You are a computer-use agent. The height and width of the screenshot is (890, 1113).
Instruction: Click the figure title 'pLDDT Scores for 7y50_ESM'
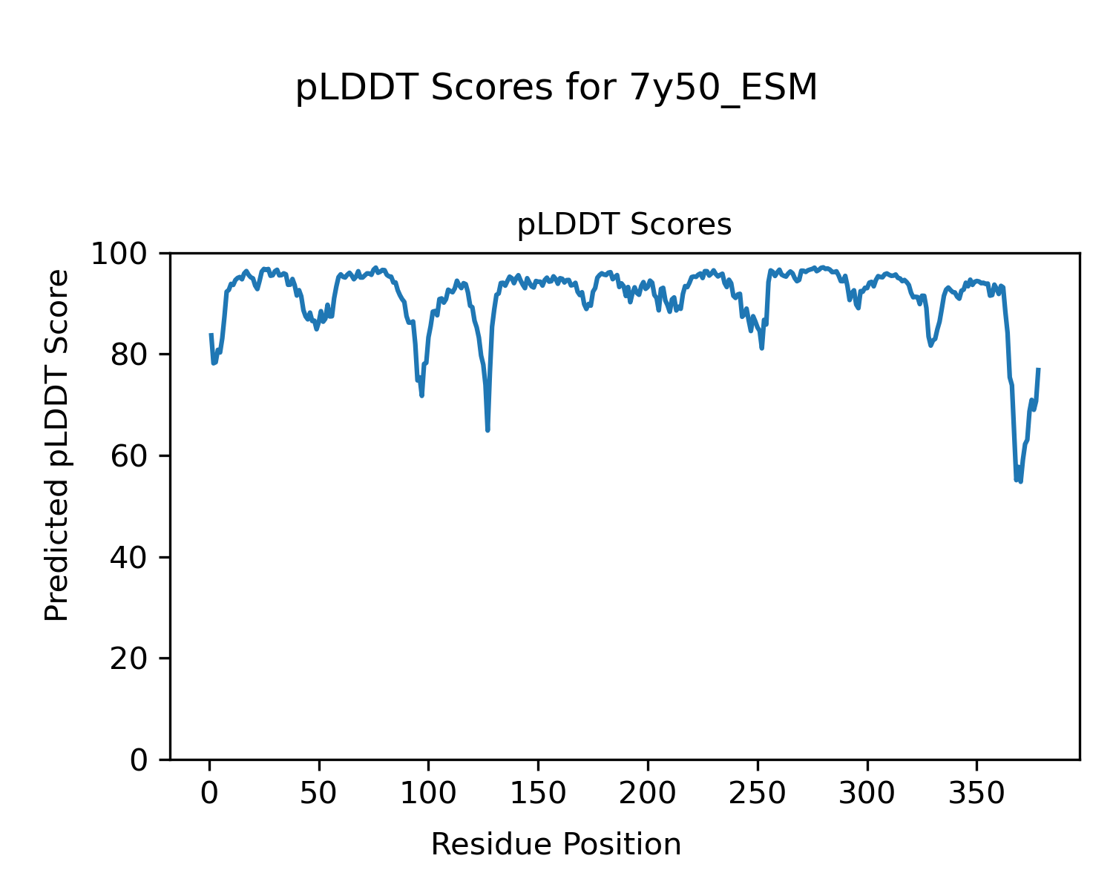point(556,88)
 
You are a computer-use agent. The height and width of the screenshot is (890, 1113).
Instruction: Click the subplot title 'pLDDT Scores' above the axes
point(624,225)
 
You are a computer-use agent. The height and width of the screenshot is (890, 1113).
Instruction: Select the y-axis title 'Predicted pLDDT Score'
point(57,445)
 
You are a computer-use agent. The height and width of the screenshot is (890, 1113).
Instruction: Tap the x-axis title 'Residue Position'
point(556,845)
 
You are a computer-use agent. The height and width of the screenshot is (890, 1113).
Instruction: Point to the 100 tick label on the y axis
point(127,254)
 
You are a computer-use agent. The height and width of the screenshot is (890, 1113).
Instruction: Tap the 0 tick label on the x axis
point(210,794)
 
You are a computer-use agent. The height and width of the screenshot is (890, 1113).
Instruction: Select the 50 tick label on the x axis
point(319,794)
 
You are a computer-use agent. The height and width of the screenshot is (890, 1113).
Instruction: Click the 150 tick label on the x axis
point(538,794)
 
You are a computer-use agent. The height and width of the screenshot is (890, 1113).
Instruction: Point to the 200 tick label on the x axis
point(648,794)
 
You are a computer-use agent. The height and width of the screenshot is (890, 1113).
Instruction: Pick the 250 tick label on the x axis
point(757,794)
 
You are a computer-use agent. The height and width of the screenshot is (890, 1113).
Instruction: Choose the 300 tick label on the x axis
point(867,794)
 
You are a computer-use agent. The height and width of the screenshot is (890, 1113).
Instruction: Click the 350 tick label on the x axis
point(976,794)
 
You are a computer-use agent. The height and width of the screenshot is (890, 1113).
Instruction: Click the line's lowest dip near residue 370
point(1020,481)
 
